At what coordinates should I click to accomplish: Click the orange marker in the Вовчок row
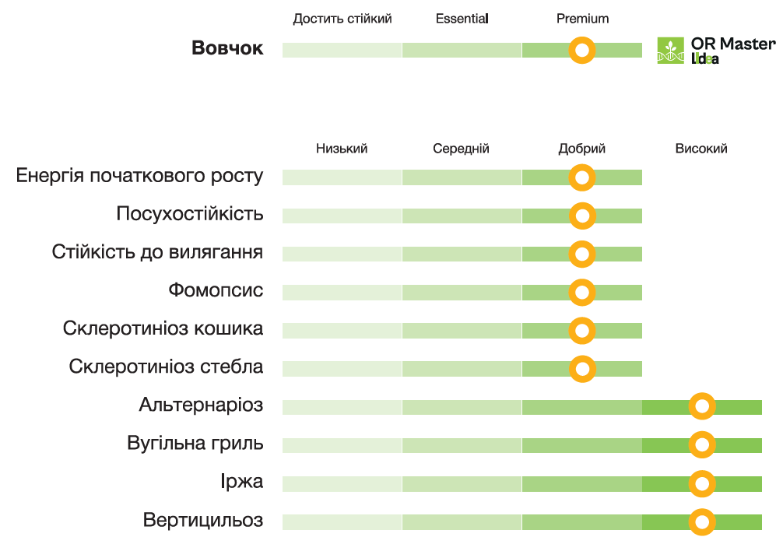point(582,51)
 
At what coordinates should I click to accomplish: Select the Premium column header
point(582,19)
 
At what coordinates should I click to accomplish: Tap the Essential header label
point(462,19)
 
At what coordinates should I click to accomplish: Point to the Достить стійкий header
point(342,19)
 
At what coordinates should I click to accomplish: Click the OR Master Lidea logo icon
point(670,51)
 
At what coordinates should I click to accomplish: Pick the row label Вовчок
point(227,48)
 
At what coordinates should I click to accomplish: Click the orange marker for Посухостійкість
point(582,216)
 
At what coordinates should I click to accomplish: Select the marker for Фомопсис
point(582,293)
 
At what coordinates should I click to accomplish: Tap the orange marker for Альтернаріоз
point(702,407)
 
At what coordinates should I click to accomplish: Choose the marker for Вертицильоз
point(702,522)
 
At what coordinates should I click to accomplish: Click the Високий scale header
point(701,149)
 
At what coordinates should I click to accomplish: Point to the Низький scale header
point(342,149)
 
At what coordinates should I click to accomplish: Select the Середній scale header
point(462,149)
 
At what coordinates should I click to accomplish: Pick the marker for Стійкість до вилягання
point(582,254)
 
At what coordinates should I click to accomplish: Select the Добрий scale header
point(582,149)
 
